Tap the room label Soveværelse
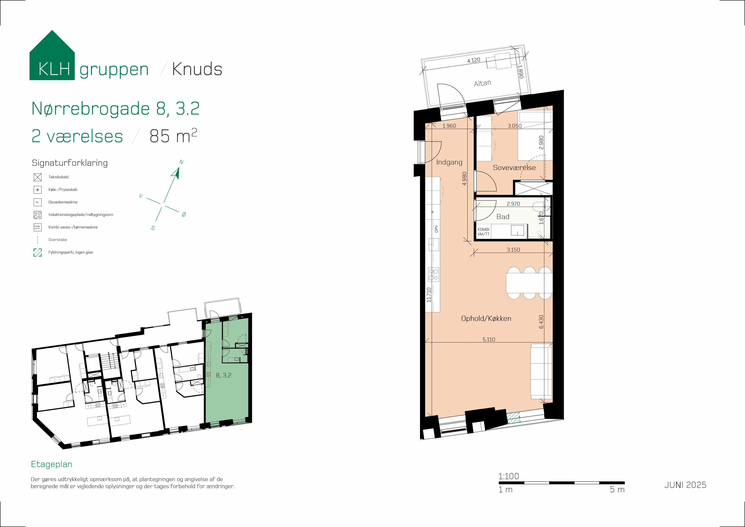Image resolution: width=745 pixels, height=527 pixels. (x=514, y=167)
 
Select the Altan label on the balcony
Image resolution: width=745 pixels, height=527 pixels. (x=482, y=83)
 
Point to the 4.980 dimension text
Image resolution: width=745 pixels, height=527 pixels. (x=464, y=178)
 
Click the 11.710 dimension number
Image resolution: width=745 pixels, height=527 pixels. (x=429, y=295)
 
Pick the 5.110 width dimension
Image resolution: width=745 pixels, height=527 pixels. (x=489, y=339)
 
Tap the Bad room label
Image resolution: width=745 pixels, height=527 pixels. (x=503, y=217)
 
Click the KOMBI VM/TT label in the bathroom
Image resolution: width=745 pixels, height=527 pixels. (x=483, y=232)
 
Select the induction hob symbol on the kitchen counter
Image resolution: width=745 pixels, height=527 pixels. (x=434, y=275)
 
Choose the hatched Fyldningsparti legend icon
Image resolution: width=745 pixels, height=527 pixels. (x=38, y=252)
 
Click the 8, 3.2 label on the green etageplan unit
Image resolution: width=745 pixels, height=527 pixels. (x=223, y=375)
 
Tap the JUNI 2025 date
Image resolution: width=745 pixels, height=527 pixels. (x=685, y=485)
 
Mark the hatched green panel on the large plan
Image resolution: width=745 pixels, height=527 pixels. (x=513, y=418)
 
